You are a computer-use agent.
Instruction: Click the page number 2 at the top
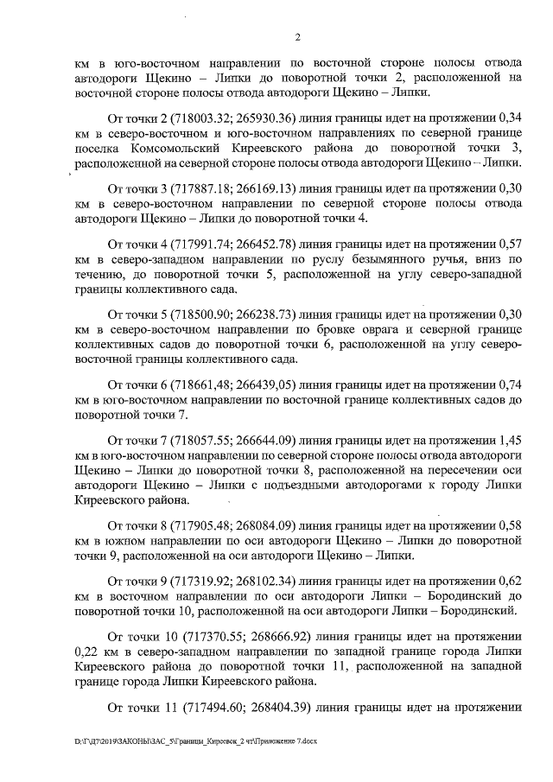click(x=296, y=36)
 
